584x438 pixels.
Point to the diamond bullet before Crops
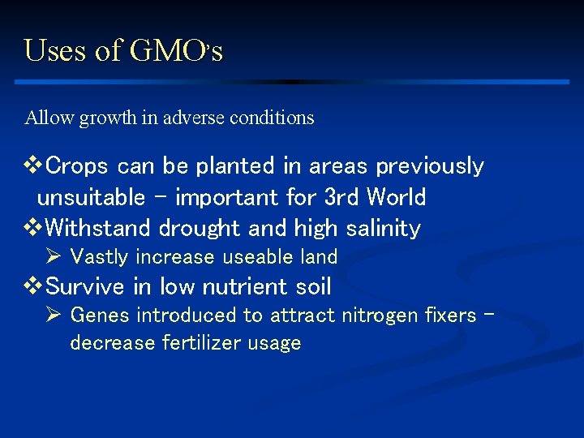33,165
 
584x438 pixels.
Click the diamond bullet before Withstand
33,228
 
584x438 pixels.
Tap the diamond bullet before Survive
33,286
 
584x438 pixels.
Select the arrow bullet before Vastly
55,257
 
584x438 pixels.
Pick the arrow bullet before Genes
55,315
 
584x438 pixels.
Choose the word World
396,197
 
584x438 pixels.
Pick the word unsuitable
91,197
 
